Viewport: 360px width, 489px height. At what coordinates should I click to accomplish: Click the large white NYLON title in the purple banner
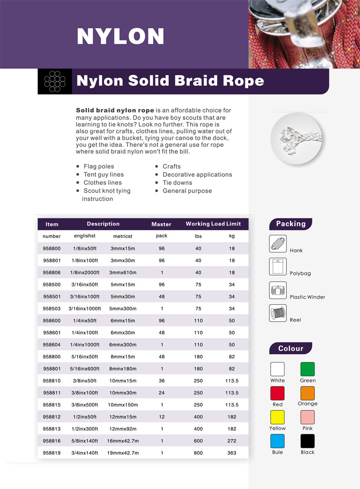pyautogui.click(x=120, y=36)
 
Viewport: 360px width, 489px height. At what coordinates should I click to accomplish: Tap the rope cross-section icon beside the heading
pyautogui.click(x=55, y=81)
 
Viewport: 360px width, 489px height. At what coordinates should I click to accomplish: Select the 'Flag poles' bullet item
pyautogui.click(x=99, y=166)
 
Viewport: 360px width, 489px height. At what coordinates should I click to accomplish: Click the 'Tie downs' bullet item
pyautogui.click(x=177, y=182)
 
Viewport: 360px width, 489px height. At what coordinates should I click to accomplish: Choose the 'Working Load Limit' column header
pyautogui.click(x=213, y=224)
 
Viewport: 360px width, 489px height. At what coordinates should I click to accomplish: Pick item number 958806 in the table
pyautogui.click(x=51, y=273)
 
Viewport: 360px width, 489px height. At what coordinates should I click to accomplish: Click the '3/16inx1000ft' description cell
pyautogui.click(x=85, y=309)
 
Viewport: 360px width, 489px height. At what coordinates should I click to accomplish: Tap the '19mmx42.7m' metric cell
pyautogui.click(x=124, y=453)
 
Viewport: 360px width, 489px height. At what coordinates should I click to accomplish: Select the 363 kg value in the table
pyautogui.click(x=232, y=453)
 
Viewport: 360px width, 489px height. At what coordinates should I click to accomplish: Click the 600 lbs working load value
pyautogui.click(x=199, y=441)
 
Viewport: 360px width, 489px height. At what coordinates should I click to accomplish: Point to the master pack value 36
pyautogui.click(x=161, y=381)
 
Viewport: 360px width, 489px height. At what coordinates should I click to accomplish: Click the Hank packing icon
pyautogui.click(x=278, y=244)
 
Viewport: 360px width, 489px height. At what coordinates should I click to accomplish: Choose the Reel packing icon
pyautogui.click(x=278, y=313)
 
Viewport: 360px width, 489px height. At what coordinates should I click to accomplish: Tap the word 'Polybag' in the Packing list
pyautogui.click(x=300, y=274)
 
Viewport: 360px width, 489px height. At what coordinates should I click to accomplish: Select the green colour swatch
pyautogui.click(x=307, y=369)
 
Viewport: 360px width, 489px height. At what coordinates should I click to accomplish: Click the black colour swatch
pyautogui.click(x=307, y=441)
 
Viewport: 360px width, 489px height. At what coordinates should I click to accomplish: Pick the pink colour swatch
pyautogui.click(x=307, y=417)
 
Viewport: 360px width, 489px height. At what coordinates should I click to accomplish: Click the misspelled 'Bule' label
pyautogui.click(x=278, y=452)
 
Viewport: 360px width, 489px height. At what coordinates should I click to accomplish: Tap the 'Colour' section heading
pyautogui.click(x=291, y=349)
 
